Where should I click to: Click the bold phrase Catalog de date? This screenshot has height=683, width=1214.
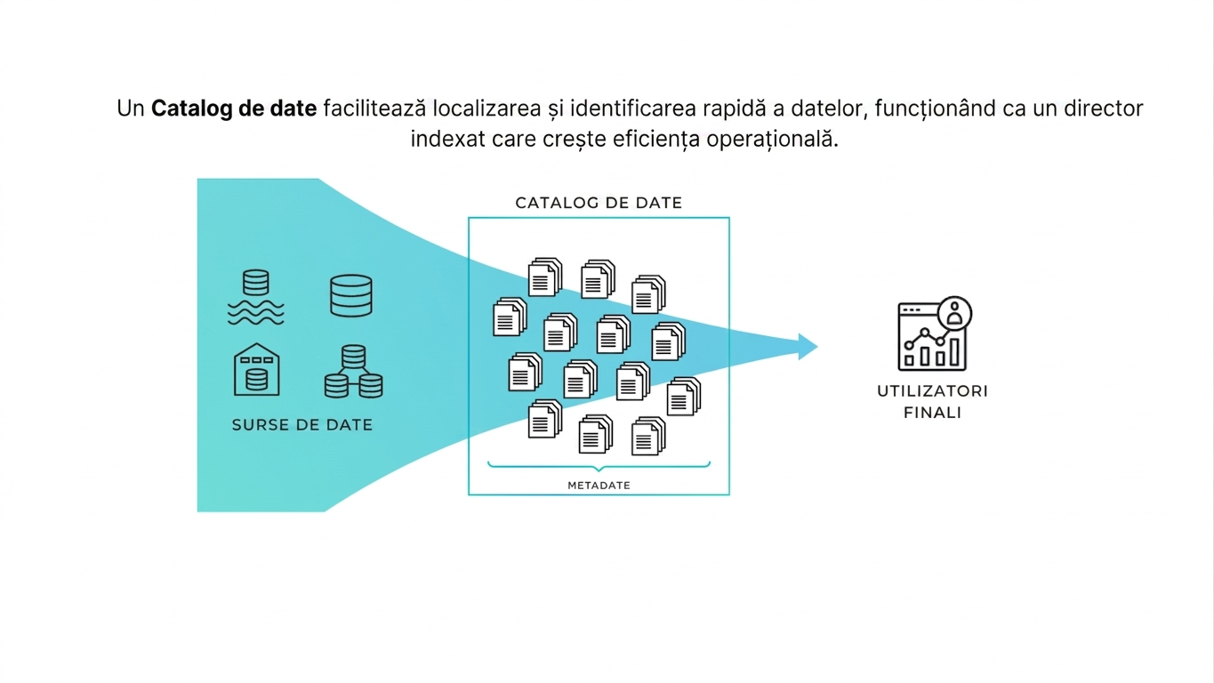234,108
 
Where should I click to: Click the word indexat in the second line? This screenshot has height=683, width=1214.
447,139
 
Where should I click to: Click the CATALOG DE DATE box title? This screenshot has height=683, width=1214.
599,203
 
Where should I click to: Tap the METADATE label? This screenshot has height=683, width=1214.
599,486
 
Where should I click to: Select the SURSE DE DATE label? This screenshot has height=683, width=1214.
302,425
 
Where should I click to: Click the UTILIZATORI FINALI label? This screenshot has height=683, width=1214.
933,402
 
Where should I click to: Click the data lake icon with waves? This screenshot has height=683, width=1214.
256,297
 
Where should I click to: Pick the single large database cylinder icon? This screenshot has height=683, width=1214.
351,295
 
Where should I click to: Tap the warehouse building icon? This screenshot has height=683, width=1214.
256,370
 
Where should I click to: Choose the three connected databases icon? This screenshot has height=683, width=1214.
353,372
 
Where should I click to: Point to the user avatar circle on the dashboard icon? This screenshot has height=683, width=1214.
955,313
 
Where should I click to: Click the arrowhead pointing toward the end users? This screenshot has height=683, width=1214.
808,347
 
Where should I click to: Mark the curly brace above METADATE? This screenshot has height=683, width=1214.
599,466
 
